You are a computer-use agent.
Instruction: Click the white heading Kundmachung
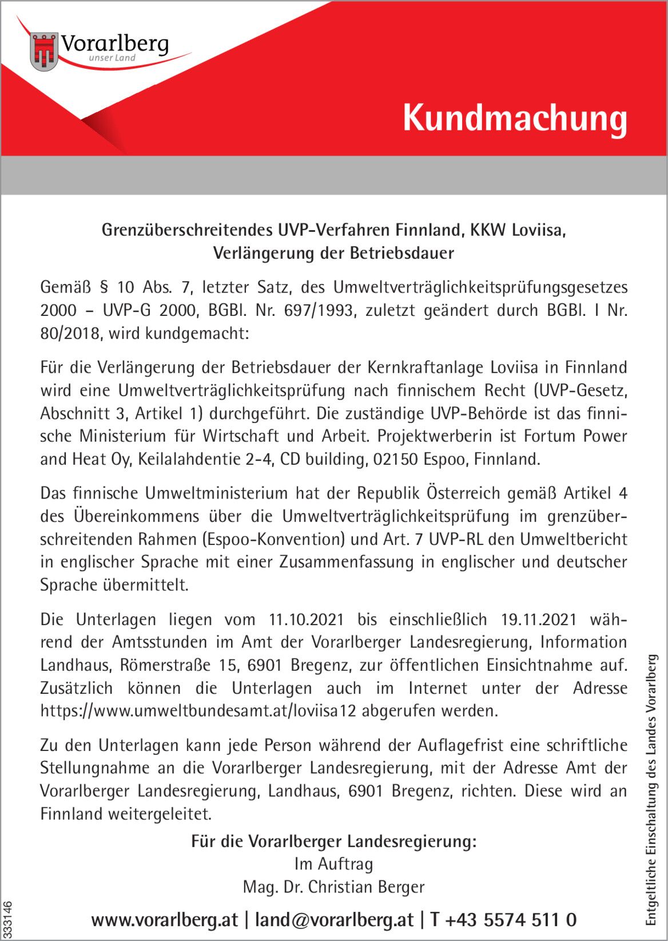(x=515, y=118)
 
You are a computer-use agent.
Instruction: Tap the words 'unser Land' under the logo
(x=113, y=58)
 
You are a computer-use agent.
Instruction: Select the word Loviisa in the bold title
(x=538, y=230)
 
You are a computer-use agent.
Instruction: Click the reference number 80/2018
(x=71, y=333)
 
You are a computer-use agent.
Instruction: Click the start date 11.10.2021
(x=306, y=619)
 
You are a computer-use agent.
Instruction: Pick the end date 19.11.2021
(x=539, y=619)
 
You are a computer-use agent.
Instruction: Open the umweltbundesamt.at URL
(x=198, y=711)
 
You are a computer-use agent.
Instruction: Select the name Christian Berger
(x=366, y=887)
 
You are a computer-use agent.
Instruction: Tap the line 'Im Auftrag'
(x=333, y=864)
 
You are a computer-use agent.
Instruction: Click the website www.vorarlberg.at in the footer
(x=164, y=920)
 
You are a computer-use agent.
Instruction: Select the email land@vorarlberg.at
(x=334, y=920)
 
